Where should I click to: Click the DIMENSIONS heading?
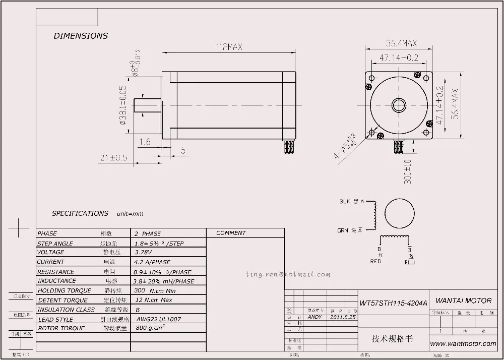(x=81, y=36)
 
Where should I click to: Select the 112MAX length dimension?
(x=229, y=47)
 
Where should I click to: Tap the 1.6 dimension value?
(x=144, y=142)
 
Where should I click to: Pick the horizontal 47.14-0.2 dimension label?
(x=399, y=58)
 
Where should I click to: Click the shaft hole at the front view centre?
(x=399, y=105)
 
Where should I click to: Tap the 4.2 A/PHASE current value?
(x=153, y=262)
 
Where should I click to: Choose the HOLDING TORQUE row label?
(x=65, y=290)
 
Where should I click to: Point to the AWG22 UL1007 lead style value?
(x=158, y=319)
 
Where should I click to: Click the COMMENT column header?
(x=231, y=233)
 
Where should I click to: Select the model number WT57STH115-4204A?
(x=393, y=303)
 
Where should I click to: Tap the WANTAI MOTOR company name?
(x=463, y=301)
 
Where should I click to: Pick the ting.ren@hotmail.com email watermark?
(x=288, y=274)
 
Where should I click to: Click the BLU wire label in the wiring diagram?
(x=410, y=262)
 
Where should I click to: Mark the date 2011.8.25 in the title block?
(x=343, y=317)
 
